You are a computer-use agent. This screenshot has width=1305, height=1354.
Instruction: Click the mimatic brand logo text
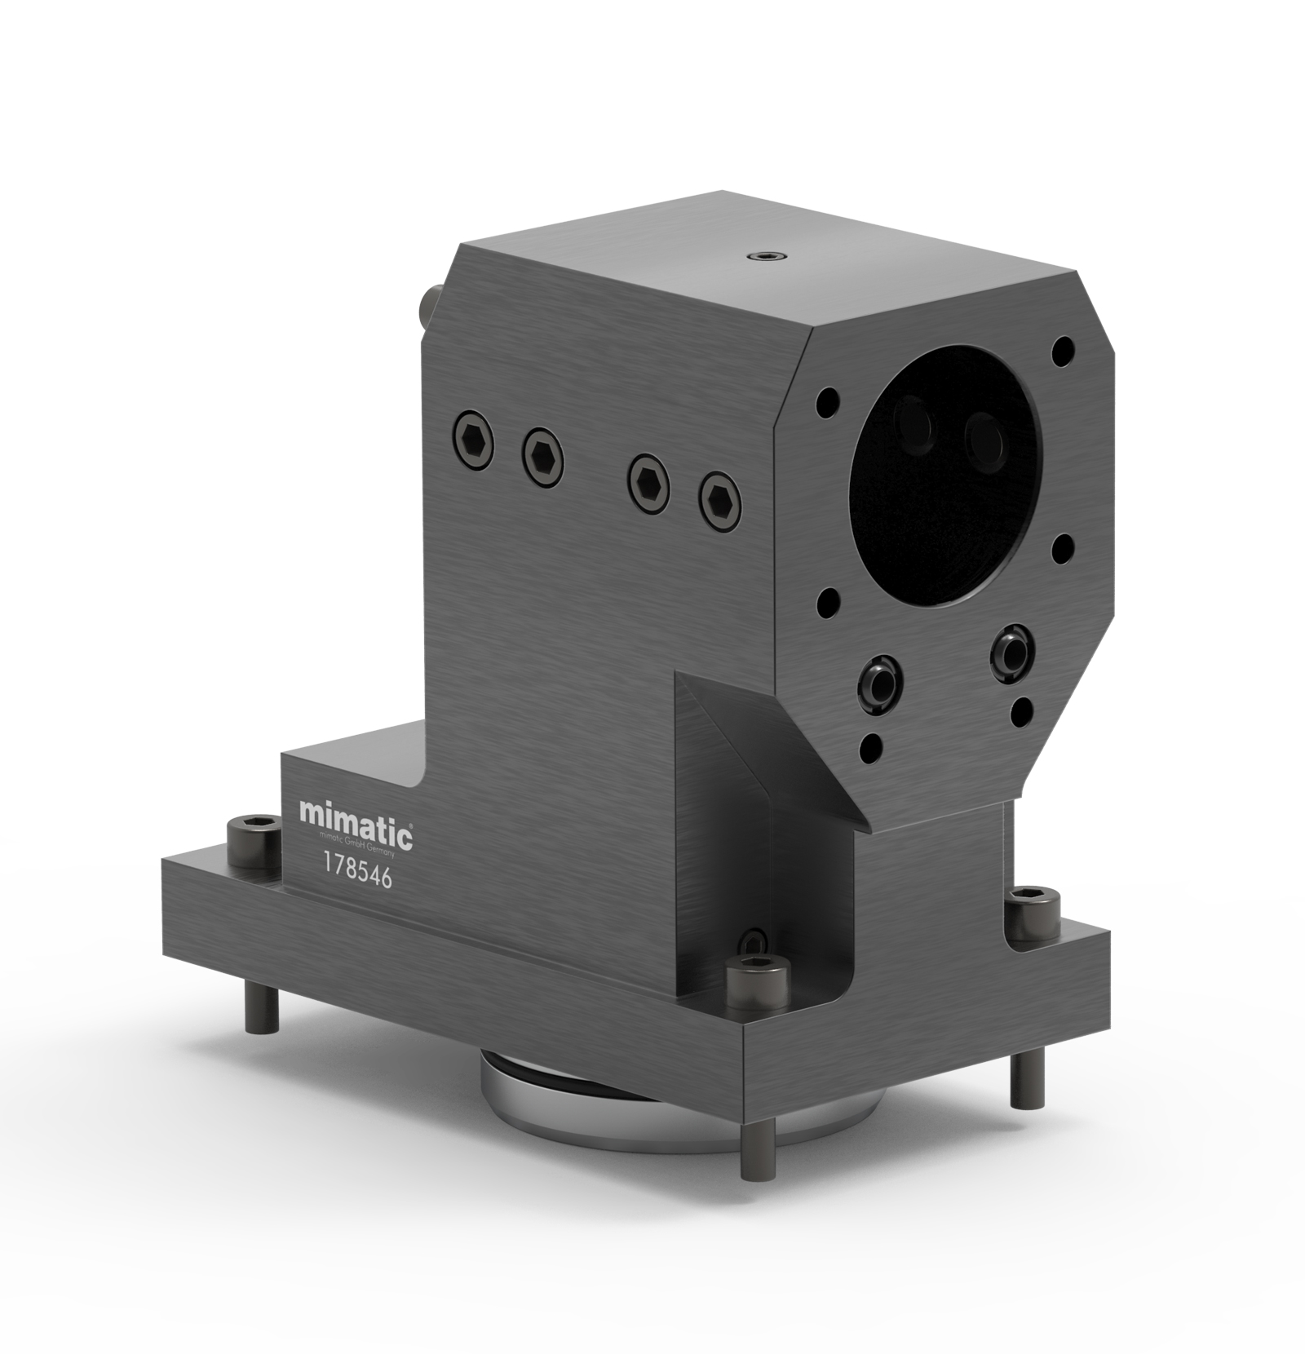tap(356, 813)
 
